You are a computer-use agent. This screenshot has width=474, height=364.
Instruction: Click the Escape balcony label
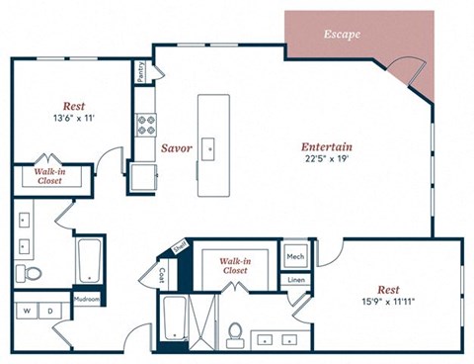tap(342, 35)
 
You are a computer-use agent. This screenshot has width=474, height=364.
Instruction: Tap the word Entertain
tap(327, 148)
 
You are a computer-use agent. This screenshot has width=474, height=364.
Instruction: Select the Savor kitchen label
tap(176, 148)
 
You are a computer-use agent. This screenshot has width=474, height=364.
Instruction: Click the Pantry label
tap(142, 72)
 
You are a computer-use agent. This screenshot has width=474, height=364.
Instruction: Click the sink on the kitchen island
tap(209, 148)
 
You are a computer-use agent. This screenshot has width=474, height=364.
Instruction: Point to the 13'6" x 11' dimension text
tap(73, 120)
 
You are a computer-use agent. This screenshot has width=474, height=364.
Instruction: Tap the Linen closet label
tap(295, 280)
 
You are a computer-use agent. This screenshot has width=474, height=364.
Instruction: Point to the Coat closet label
tap(162, 274)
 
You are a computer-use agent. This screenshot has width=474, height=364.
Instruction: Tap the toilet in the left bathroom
tap(29, 272)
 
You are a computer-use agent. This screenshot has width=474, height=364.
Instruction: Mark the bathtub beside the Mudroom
tap(90, 259)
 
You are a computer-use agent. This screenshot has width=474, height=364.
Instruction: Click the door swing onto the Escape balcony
tap(407, 71)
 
